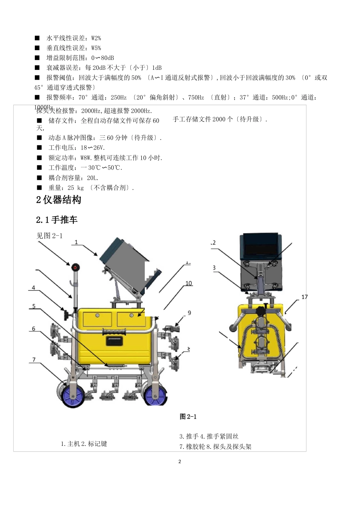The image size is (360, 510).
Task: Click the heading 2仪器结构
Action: point(59,200)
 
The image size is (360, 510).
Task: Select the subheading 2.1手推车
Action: point(57,220)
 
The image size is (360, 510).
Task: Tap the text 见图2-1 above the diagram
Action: point(49,236)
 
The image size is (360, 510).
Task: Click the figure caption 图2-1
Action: point(188,417)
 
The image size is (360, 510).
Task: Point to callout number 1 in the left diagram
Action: point(76,242)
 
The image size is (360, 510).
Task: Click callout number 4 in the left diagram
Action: point(33,288)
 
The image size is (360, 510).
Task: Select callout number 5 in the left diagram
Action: point(34,306)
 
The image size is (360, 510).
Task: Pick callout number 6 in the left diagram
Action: point(33,329)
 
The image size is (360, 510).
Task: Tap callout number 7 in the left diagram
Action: point(34,359)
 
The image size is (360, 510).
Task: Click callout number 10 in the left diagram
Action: point(189,283)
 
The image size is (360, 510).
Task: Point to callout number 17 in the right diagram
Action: point(304,297)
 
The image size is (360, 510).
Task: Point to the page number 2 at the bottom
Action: point(180,461)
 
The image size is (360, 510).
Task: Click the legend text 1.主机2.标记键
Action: point(84,444)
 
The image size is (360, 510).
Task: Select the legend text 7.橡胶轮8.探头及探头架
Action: point(215,447)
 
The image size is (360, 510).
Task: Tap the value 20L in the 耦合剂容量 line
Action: point(92,178)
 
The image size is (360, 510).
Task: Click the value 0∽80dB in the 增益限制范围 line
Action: point(102,58)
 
